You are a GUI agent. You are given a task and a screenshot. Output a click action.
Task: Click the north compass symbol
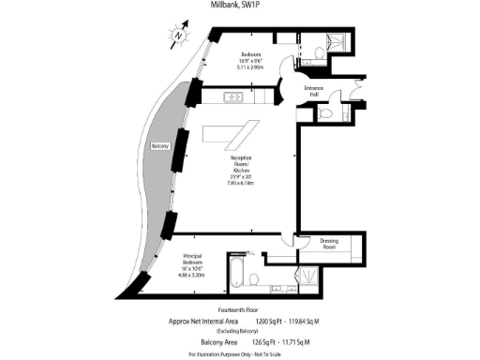178,37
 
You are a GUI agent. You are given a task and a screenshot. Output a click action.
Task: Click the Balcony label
159,147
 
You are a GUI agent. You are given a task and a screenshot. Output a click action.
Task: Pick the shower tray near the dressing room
307,276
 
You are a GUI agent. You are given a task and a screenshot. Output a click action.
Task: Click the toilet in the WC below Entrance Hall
325,113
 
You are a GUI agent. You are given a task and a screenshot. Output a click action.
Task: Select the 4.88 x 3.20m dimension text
195,277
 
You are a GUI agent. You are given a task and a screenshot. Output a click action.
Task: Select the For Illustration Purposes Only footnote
239,353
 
